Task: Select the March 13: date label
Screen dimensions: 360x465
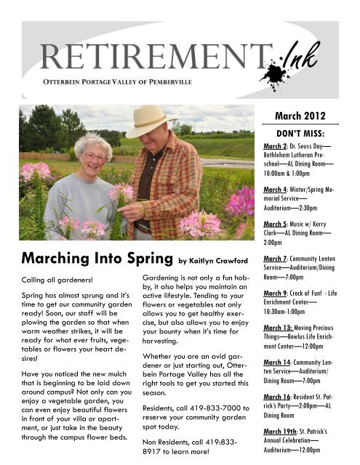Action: pyautogui.click(x=278, y=327)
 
